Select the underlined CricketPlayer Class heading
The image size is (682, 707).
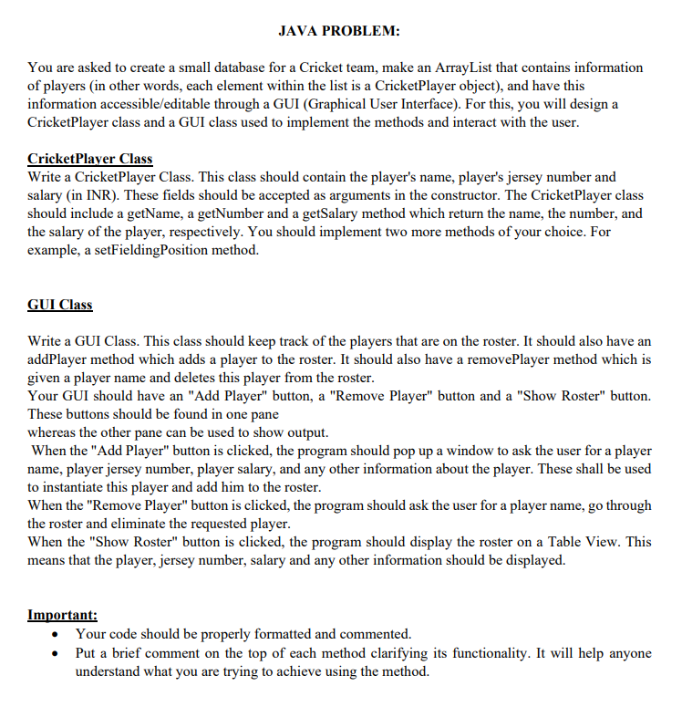click(90, 159)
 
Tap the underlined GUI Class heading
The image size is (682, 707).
click(60, 304)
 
